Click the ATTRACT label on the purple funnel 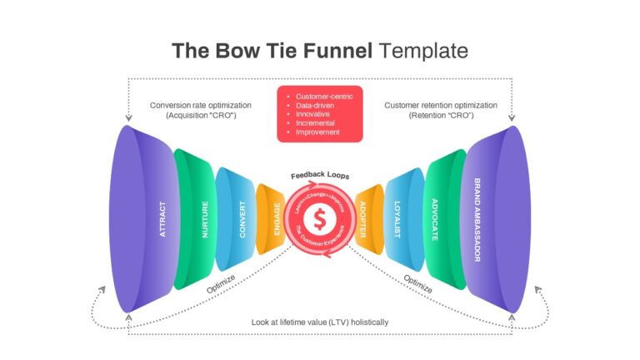pyautogui.click(x=162, y=219)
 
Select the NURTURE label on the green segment pyautogui.click(x=205, y=219)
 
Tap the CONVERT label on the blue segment pyautogui.click(x=242, y=219)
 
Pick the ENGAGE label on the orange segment pyautogui.click(x=277, y=219)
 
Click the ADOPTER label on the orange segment pyautogui.click(x=362, y=219)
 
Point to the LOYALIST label pyautogui.click(x=397, y=219)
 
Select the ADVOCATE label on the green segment pyautogui.click(x=435, y=220)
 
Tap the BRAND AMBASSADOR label pyautogui.click(x=477, y=220)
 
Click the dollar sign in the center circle pyautogui.click(x=320, y=219)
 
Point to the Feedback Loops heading pyautogui.click(x=320, y=175)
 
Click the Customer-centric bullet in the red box pyautogui.click(x=324, y=97)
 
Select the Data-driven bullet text pyautogui.click(x=315, y=106)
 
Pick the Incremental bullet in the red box pyautogui.click(x=315, y=123)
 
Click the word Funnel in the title pyautogui.click(x=337, y=51)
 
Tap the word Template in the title pyautogui.click(x=423, y=52)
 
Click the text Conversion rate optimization pyautogui.click(x=200, y=105)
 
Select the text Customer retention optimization pyautogui.click(x=441, y=105)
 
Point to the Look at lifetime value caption pyautogui.click(x=320, y=322)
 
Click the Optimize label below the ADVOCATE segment pyautogui.click(x=417, y=283)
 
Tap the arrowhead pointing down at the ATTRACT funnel pyautogui.click(x=128, y=118)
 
